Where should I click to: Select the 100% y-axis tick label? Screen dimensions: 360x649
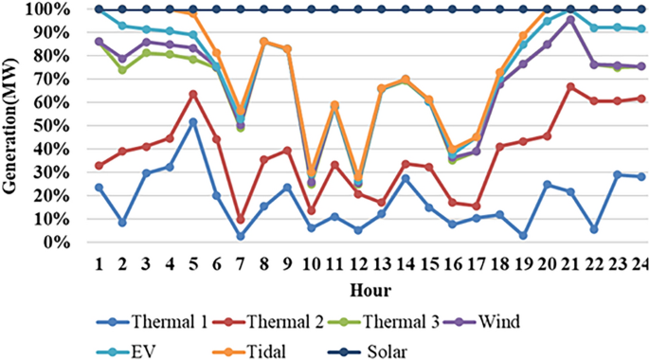[x=46, y=9]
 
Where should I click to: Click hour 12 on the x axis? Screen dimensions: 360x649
[x=357, y=261]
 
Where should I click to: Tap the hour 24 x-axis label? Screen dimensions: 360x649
[x=640, y=261]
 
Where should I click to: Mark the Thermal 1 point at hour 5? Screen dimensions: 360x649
[x=193, y=121]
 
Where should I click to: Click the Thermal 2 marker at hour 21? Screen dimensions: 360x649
[x=570, y=86]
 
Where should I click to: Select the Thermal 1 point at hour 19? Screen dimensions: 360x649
[x=523, y=235]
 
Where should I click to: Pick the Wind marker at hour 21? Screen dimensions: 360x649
[x=570, y=19]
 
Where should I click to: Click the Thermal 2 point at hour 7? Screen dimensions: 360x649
[x=241, y=219]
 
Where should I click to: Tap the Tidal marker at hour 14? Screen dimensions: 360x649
[x=406, y=79]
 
